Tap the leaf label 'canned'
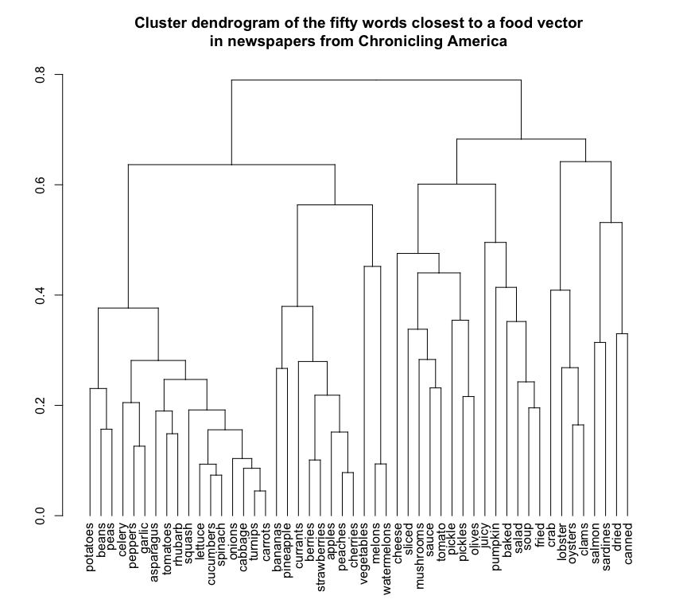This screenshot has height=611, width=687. pyautogui.click(x=628, y=543)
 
